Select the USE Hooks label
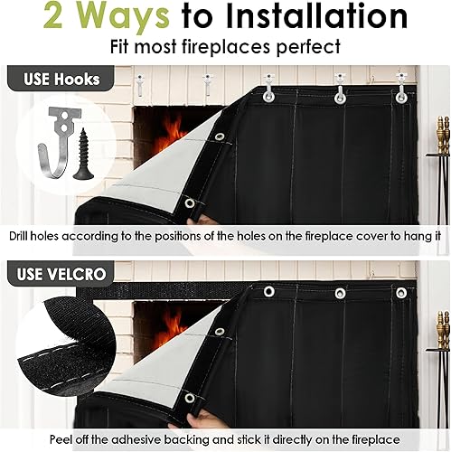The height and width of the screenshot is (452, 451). click(53, 79)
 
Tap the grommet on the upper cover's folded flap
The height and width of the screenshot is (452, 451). click(219, 137)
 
